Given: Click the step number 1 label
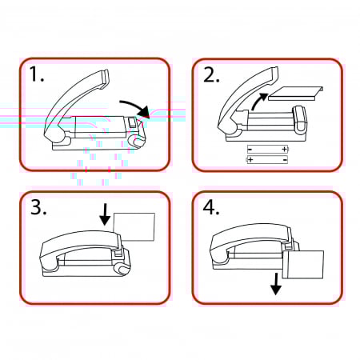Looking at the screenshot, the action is coord(37,74).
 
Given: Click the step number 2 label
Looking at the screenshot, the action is coord(211,74).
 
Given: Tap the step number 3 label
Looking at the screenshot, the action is coord(38,207).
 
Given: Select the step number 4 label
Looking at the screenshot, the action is coord(211,207).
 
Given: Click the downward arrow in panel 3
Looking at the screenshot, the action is coord(105,214).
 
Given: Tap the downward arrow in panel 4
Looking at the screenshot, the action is coord(276,284).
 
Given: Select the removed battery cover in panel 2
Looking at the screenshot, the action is coord(296,94).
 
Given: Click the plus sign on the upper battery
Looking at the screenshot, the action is coord(285,149).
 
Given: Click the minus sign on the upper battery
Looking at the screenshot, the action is coord(250,149).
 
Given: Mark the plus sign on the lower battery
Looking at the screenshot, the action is coord(250,160).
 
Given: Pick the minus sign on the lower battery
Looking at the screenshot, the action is coord(285,160).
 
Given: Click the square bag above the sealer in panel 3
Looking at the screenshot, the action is coord(134,227).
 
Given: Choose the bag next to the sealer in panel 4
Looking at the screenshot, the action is coord(303,265).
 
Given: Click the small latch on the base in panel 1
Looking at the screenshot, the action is coord(132,122).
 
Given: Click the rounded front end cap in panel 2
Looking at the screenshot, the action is coord(300,119).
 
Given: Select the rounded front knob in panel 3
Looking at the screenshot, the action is coord(122,270).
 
